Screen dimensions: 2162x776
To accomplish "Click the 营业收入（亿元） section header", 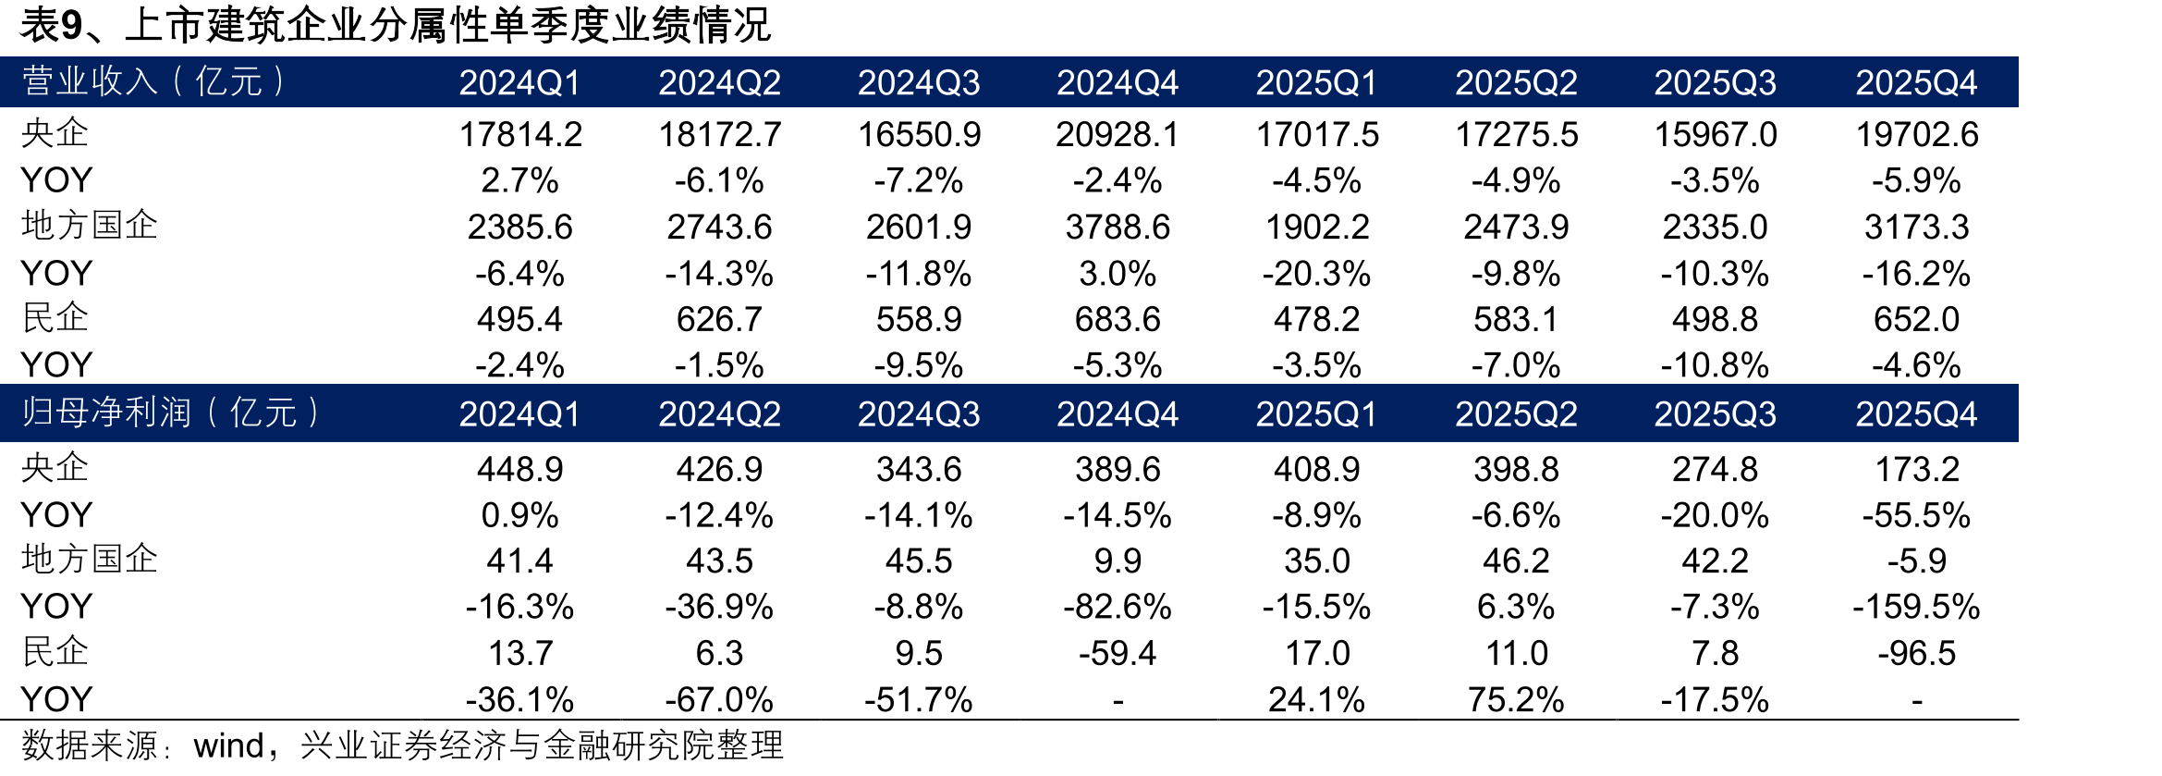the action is (x=153, y=82).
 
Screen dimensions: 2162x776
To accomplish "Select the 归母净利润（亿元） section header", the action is (x=170, y=413).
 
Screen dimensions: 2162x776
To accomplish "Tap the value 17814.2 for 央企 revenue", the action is (x=520, y=135).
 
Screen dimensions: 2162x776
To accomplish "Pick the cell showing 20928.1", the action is (x=1118, y=135).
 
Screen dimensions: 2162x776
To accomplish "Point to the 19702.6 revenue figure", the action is (x=1917, y=135).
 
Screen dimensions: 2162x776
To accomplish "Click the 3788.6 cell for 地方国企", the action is (x=1118, y=228).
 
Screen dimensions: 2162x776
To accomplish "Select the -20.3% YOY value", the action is (x=1316, y=274).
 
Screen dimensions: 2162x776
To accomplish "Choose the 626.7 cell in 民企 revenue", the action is (x=719, y=320).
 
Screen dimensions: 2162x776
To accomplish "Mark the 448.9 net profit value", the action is (x=520, y=470).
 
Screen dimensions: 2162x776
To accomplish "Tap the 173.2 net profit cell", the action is (x=1917, y=470).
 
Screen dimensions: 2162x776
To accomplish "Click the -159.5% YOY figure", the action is (x=1917, y=608).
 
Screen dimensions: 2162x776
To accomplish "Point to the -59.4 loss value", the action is (x=1118, y=654).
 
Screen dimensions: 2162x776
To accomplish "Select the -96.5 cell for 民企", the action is (x=1917, y=654).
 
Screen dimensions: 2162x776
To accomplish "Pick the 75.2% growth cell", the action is (x=1516, y=700).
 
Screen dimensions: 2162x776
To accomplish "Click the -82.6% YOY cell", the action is (x=1118, y=608).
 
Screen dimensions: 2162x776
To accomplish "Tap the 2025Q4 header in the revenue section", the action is (x=1917, y=83).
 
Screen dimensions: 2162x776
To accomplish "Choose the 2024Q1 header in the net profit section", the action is (x=520, y=414).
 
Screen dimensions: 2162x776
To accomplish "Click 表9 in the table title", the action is (x=52, y=25).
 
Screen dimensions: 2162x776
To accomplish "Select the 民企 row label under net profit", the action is (x=55, y=652).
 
